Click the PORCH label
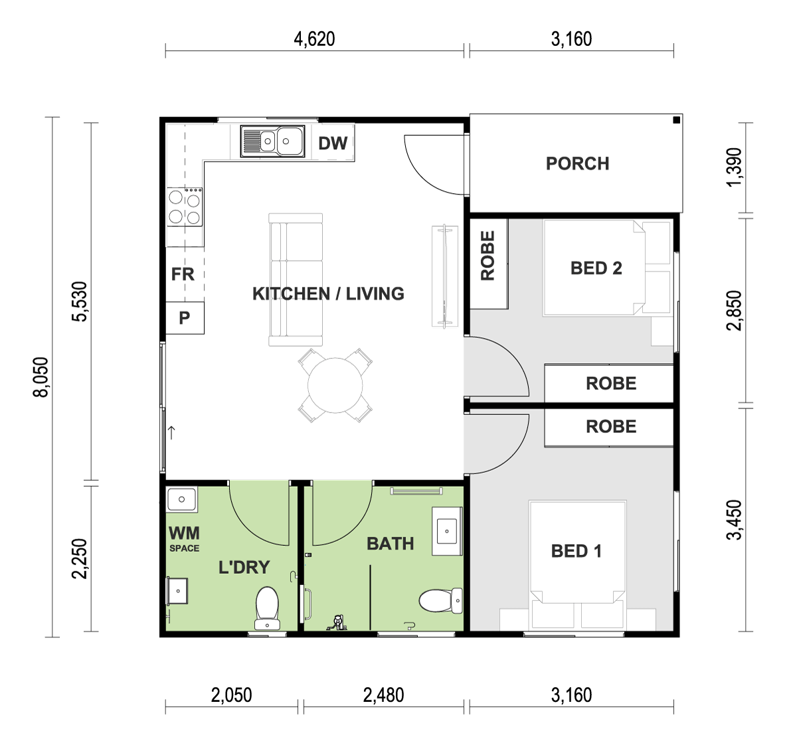click(577, 163)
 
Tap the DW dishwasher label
click(333, 143)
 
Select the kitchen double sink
click(272, 141)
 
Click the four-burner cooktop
click(185, 207)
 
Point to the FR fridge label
click(183, 274)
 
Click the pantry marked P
click(185, 318)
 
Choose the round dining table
click(335, 385)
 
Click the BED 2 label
click(596, 268)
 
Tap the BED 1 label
click(576, 551)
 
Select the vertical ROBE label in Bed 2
click(487, 256)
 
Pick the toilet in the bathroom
click(440, 600)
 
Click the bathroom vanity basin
click(447, 531)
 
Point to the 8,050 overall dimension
click(41, 377)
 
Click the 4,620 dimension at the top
click(315, 39)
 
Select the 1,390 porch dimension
click(734, 167)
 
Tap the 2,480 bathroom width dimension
click(383, 695)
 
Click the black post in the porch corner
click(676, 120)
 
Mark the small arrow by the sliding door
click(171, 433)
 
